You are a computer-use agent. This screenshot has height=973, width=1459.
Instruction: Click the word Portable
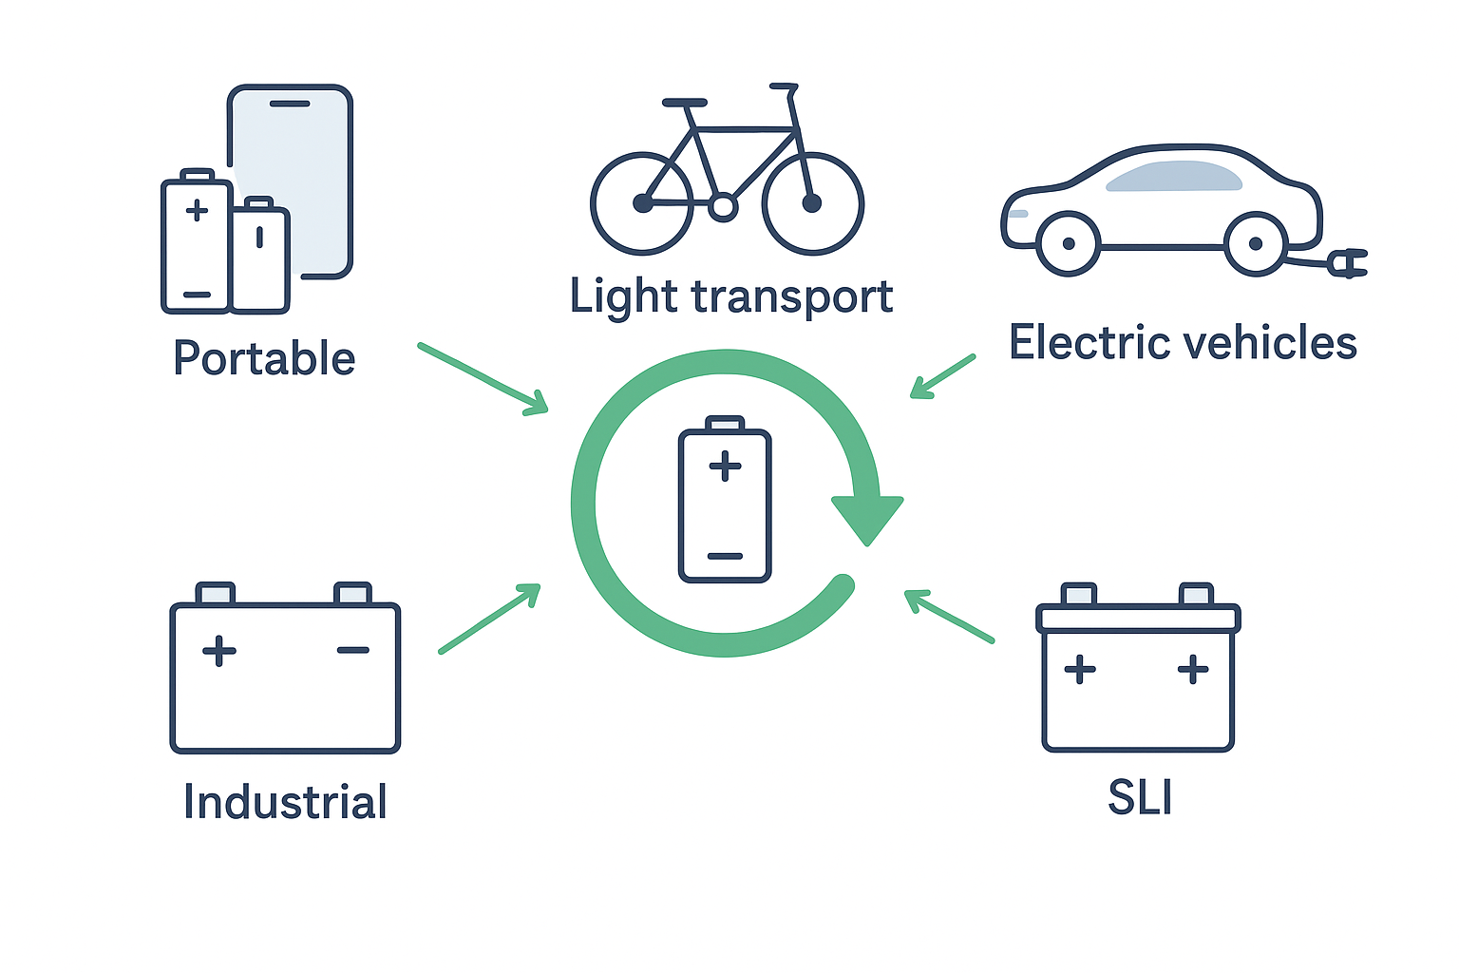[x=264, y=358]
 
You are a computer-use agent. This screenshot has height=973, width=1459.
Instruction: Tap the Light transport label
[x=730, y=296]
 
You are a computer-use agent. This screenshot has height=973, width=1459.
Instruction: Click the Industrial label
[x=285, y=802]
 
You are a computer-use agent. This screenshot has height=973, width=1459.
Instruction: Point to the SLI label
[x=1140, y=797]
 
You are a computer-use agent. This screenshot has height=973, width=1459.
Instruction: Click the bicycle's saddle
[x=685, y=102]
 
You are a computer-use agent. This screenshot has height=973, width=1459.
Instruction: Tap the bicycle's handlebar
[x=785, y=86]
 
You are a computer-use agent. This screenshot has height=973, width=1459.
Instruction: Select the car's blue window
[x=1174, y=177]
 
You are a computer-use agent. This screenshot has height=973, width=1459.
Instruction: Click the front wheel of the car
[x=1069, y=243]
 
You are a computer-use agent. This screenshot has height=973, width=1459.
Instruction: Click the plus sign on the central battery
[x=725, y=466]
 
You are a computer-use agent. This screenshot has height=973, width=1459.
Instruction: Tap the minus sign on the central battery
[x=725, y=556]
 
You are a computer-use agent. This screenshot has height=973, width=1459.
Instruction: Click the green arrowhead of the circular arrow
[x=866, y=518]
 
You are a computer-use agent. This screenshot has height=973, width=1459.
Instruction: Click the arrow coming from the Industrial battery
[x=489, y=619]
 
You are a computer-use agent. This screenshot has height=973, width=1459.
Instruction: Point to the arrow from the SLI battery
[x=949, y=617]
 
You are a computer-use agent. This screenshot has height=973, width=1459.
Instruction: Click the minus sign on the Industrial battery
[x=353, y=650]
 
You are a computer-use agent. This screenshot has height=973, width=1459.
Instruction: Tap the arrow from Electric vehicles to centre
[x=942, y=376]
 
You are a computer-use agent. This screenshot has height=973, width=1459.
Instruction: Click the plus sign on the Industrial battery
[x=219, y=651]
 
